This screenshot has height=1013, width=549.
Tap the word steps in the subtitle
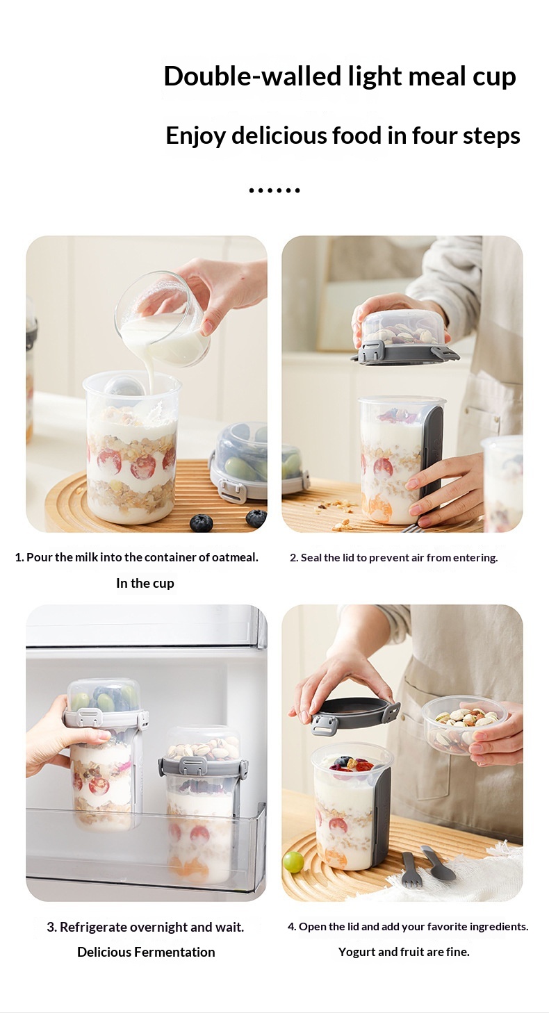pos(491,135)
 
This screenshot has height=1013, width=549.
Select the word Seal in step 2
pos(311,558)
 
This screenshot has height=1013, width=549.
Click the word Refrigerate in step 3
pos(92,927)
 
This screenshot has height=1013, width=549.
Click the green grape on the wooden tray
pos(293,862)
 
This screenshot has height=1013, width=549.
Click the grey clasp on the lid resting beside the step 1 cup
pos(233,490)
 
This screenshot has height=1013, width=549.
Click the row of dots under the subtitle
pos(274,190)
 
